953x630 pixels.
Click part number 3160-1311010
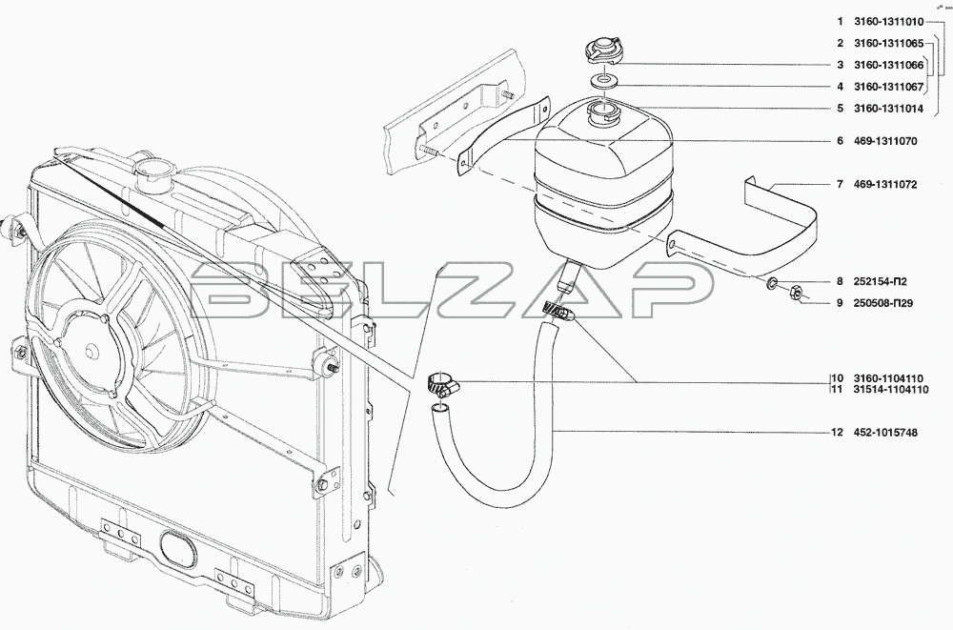pos(888,22)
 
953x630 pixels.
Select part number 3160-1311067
pos(888,87)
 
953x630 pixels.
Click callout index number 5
pos(840,109)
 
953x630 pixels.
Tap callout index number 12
pos(837,433)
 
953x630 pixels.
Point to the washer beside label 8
pos(772,283)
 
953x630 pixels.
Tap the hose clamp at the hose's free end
pos(442,384)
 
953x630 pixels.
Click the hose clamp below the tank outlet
pos(557,312)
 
